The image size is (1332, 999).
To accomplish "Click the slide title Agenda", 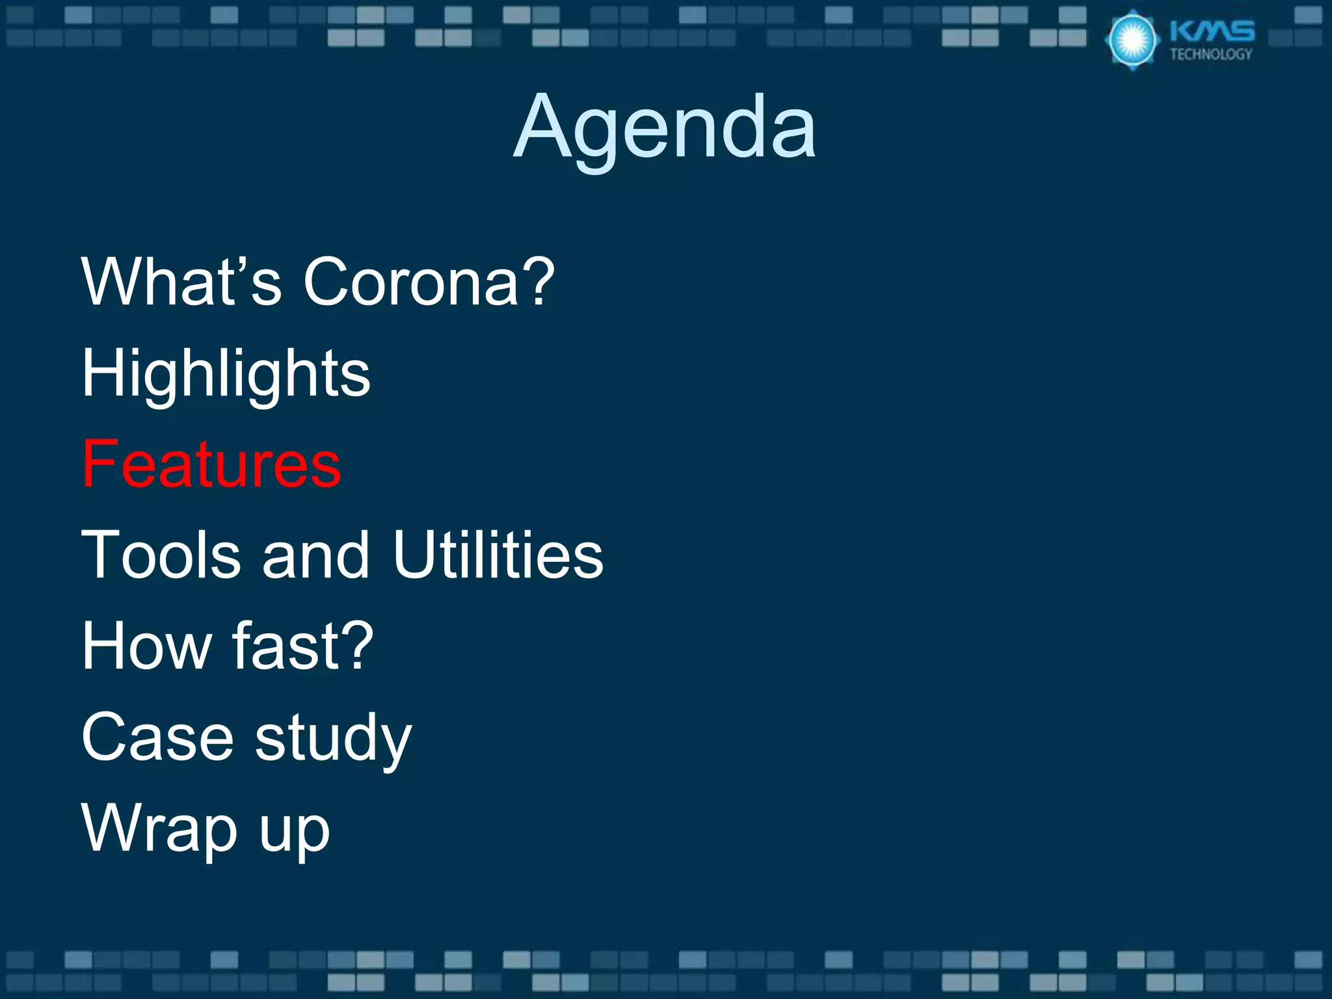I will (x=665, y=127).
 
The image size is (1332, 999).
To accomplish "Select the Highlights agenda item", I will (x=226, y=373).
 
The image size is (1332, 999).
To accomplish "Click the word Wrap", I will (x=159, y=829).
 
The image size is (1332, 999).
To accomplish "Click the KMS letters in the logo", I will (x=1212, y=31).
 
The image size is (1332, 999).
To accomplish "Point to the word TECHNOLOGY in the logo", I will (x=1211, y=55).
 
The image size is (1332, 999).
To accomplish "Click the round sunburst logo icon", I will (x=1132, y=40).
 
